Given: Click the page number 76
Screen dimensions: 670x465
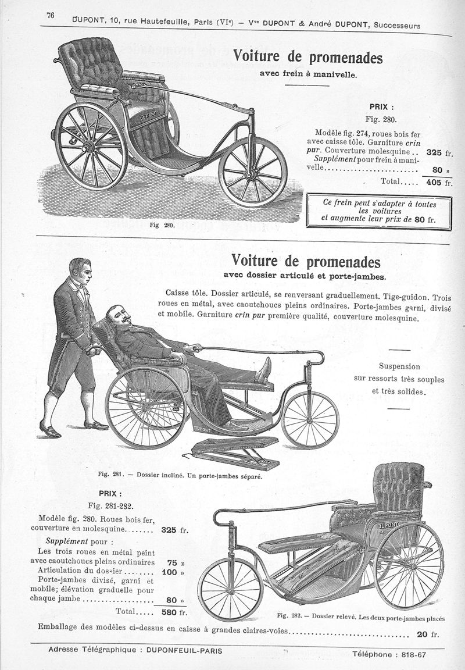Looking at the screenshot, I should click(50, 16).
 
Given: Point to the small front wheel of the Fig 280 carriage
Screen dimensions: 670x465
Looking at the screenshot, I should click(252, 172).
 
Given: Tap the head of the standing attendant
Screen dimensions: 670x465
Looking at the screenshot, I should click(80, 271).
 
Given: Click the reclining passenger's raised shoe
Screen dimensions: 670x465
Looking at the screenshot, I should click(265, 370).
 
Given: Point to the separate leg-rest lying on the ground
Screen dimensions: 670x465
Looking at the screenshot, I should click(235, 454).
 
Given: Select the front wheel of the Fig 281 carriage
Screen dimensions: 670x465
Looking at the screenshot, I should click(310, 419).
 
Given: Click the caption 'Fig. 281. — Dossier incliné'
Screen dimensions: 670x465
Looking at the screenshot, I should click(180, 476).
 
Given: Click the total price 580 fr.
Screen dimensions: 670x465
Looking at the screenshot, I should click(174, 612).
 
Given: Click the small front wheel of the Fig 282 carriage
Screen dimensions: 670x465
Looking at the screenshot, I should click(230, 589).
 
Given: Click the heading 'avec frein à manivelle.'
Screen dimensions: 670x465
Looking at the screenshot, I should click(307, 75).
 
